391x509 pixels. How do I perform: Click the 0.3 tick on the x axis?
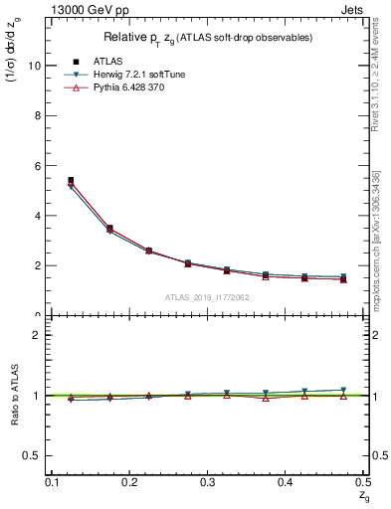pyautogui.click(x=207, y=481)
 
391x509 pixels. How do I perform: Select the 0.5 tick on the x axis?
pyautogui.click(x=363, y=481)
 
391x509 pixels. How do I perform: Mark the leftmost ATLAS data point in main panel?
pyautogui.click(x=70, y=180)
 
